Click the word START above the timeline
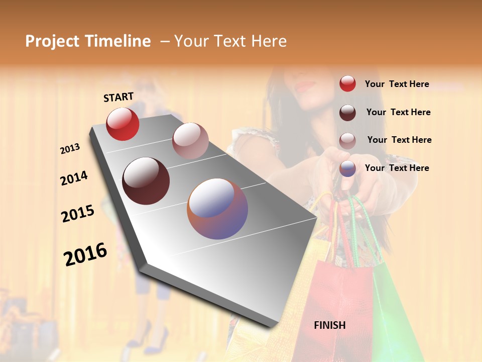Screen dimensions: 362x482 (x=118, y=97)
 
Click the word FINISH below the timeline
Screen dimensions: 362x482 (x=330, y=325)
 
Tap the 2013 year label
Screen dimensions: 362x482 (x=70, y=149)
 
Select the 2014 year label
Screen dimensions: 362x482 (x=74, y=178)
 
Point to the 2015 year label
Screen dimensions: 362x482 (x=78, y=214)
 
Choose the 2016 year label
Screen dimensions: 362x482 (x=85, y=254)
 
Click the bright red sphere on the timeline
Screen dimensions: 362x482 (x=123, y=124)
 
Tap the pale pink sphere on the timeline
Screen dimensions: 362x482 (x=190, y=141)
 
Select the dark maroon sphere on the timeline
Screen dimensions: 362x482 (x=146, y=181)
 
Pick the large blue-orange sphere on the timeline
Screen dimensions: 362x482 (x=217, y=209)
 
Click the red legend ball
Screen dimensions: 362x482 (x=347, y=83)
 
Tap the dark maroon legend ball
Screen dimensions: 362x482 (x=347, y=113)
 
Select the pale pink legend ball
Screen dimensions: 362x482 (x=347, y=141)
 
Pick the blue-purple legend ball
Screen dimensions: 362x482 (x=347, y=168)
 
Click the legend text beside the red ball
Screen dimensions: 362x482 (x=397, y=84)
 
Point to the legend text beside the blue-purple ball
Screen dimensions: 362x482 (x=397, y=168)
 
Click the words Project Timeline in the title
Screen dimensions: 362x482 (x=88, y=41)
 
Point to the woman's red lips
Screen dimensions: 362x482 (x=305, y=85)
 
